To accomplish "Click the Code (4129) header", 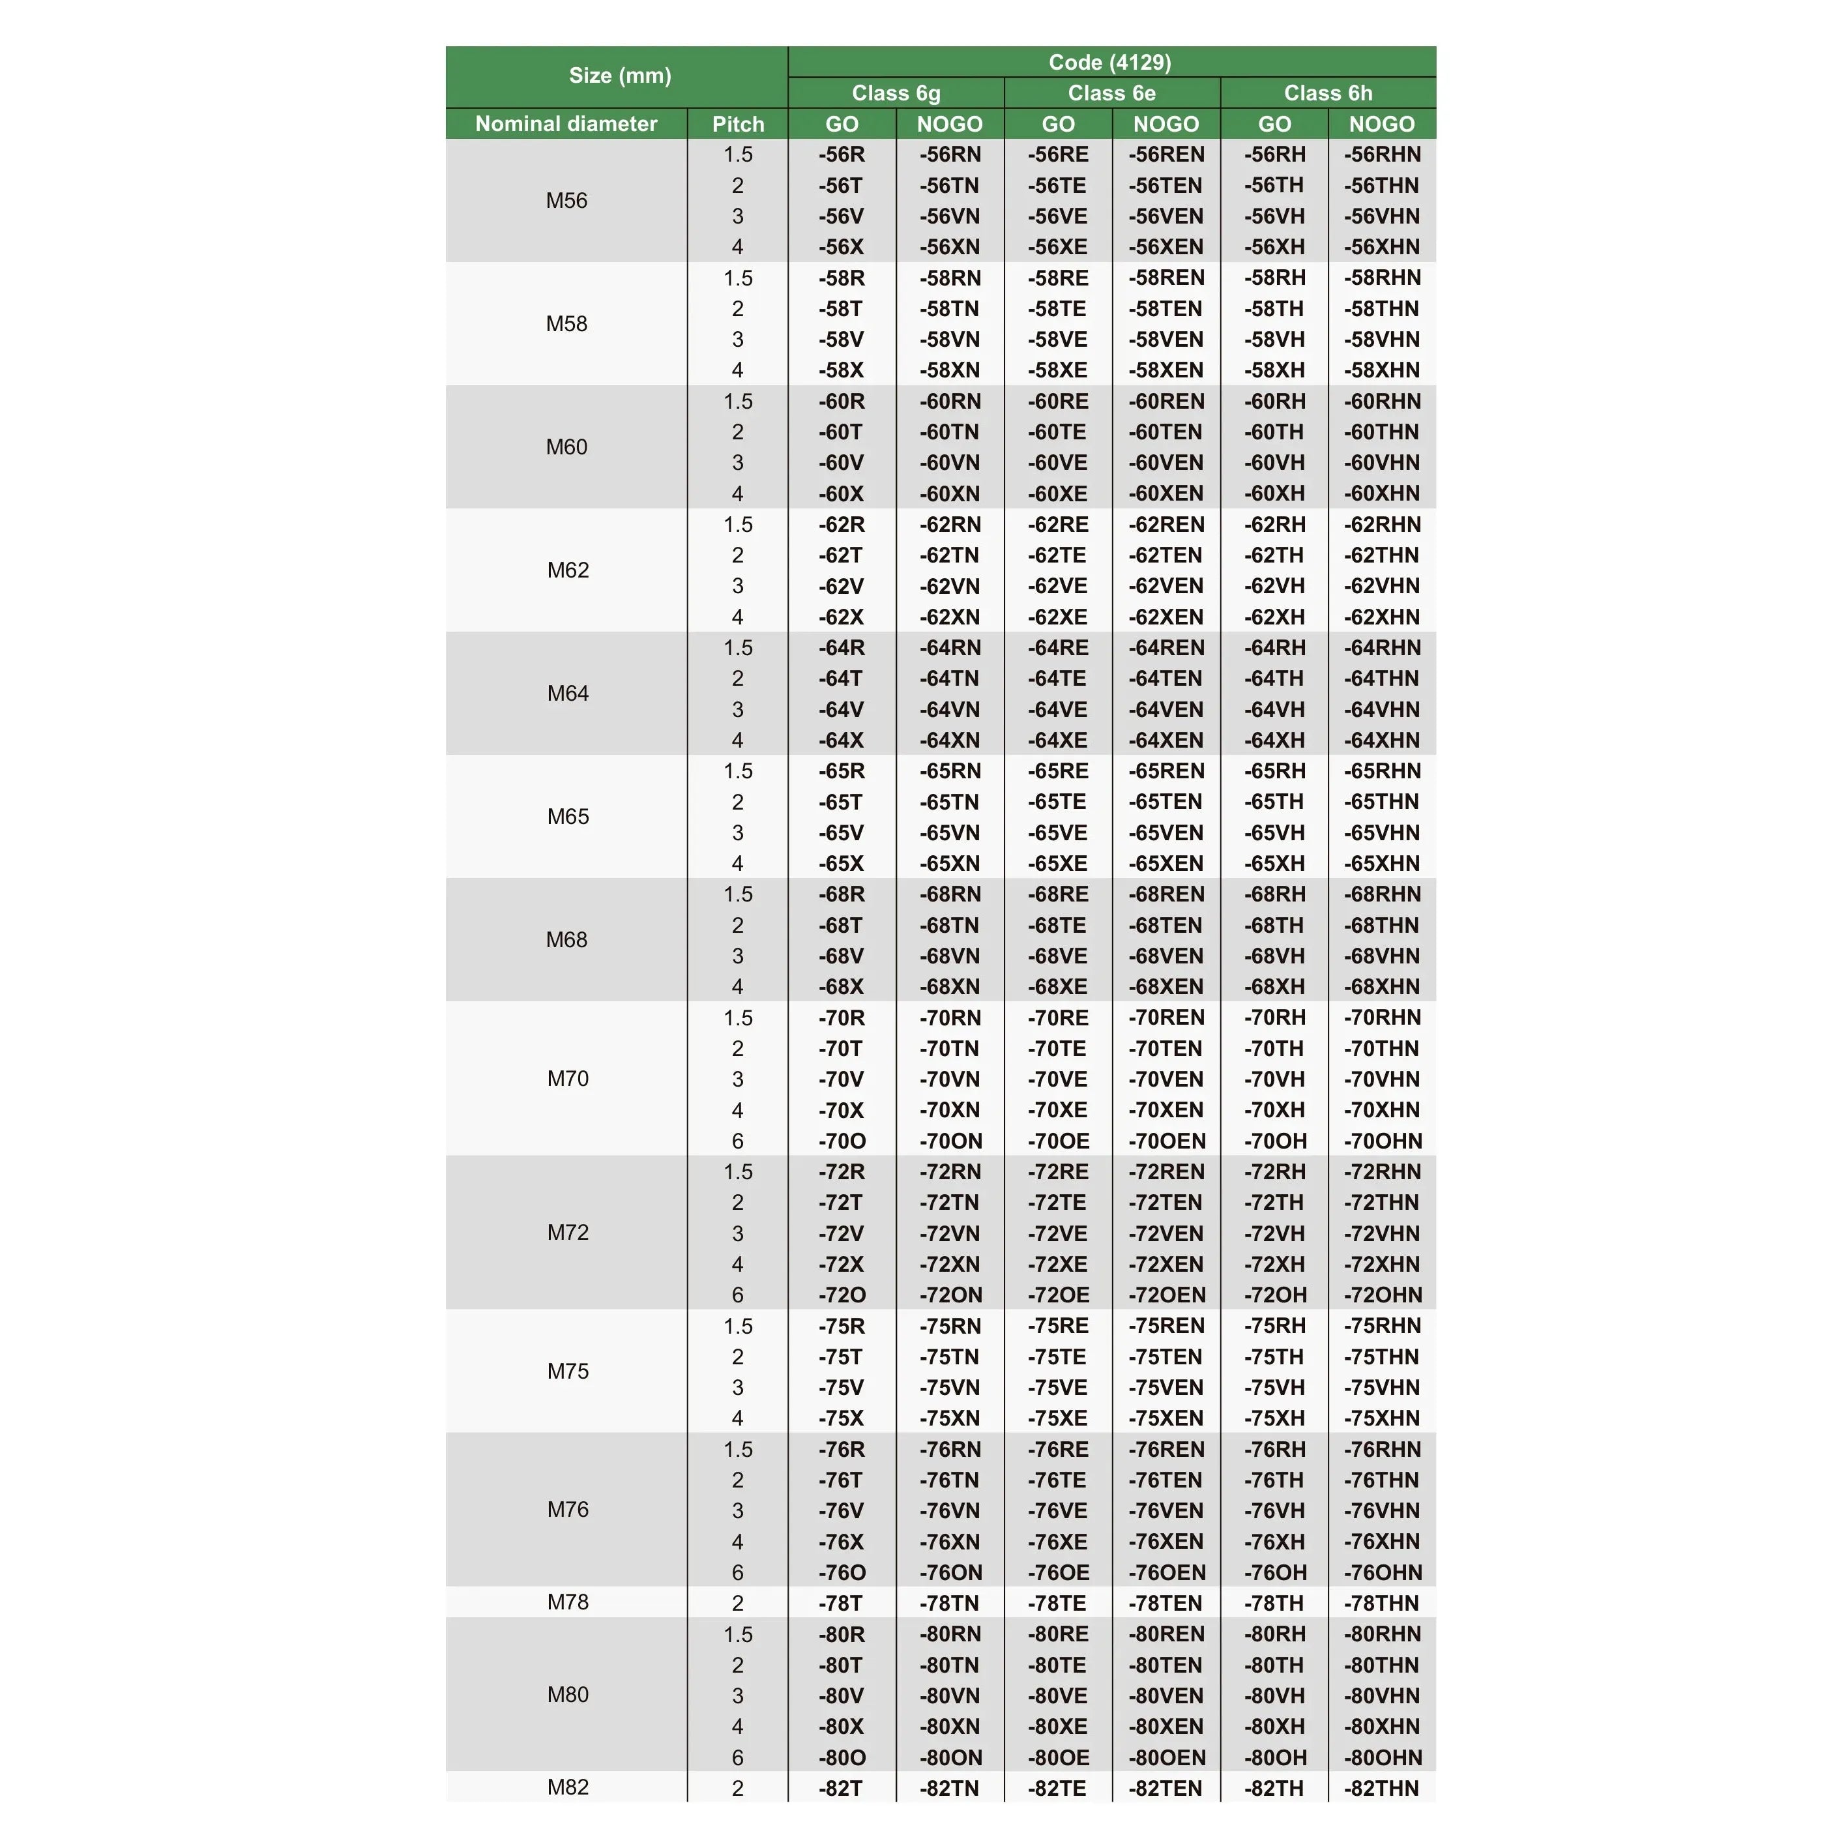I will pyautogui.click(x=1110, y=63).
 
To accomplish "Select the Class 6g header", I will pyautogui.click(x=896, y=93).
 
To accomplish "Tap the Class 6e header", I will pyautogui.click(x=1111, y=93).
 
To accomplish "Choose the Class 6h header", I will pyautogui.click(x=1327, y=93).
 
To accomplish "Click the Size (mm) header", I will pyautogui.click(x=619, y=76).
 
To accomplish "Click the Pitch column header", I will pyautogui.click(x=737, y=125).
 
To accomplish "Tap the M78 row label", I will pyautogui.click(x=567, y=1602).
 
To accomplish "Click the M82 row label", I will pyautogui.click(x=567, y=1787).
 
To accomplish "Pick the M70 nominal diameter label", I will pyautogui.click(x=567, y=1079).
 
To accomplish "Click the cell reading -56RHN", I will pyautogui.click(x=1381, y=154).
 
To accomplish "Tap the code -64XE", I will pyautogui.click(x=1058, y=740).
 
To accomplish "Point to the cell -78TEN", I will pyautogui.click(x=1166, y=1604).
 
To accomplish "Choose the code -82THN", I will pyautogui.click(x=1381, y=1789).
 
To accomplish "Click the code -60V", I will pyautogui.click(x=841, y=463).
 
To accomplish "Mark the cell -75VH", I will pyautogui.click(x=1274, y=1388).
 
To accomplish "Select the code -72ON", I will pyautogui.click(x=950, y=1295).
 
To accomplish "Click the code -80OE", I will pyautogui.click(x=1058, y=1758).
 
